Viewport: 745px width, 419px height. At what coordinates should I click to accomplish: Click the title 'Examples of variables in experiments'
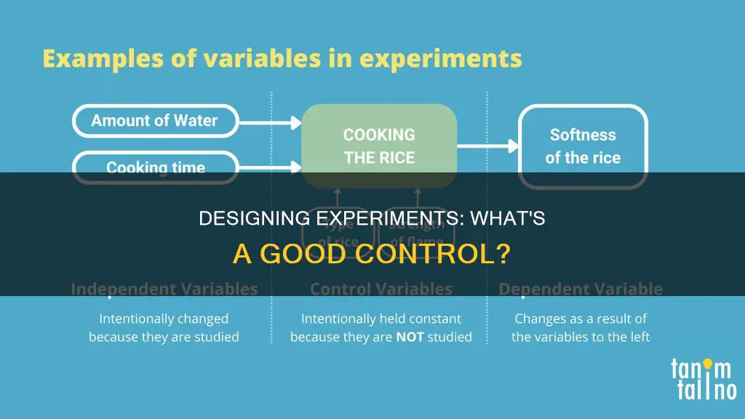pos(282,59)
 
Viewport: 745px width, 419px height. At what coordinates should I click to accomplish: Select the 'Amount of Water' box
pos(154,121)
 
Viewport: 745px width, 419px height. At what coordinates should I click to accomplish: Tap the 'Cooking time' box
pos(154,167)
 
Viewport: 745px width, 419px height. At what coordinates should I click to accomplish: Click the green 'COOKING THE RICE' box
pos(379,145)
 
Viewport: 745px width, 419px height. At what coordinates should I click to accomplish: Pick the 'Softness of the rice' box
pos(582,146)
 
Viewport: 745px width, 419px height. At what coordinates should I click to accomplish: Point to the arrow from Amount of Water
pos(269,121)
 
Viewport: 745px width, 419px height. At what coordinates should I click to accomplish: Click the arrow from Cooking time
pos(269,167)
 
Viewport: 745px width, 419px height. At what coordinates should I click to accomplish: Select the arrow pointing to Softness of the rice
pos(487,145)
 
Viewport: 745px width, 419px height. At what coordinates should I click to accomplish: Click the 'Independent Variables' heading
pos(164,290)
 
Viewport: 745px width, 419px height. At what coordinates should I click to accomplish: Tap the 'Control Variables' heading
pos(381,290)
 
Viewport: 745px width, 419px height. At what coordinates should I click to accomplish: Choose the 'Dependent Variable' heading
pos(581,290)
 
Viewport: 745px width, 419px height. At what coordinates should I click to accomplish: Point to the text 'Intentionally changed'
pos(164,319)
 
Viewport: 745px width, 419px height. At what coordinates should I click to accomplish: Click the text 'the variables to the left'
pos(581,337)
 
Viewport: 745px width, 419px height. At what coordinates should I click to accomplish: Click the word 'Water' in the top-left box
pos(196,121)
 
